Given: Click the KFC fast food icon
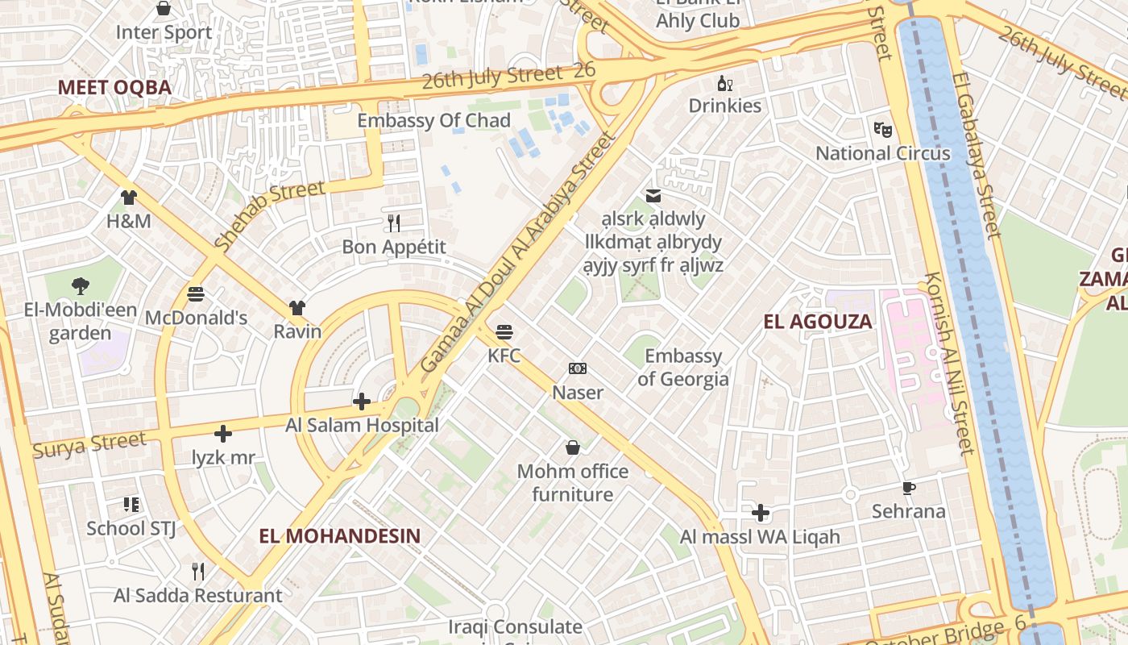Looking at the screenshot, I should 504,331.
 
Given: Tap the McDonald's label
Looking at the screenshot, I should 196,318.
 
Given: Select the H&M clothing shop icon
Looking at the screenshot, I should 129,197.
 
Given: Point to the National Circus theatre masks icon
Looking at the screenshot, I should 883,129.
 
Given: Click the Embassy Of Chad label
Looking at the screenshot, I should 433,121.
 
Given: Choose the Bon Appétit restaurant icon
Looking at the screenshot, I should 394,223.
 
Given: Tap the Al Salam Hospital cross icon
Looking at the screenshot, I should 362,401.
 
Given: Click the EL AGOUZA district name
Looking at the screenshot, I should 817,322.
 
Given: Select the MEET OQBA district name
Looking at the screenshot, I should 114,87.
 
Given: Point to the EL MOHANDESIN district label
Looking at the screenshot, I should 340,535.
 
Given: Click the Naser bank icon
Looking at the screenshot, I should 577,368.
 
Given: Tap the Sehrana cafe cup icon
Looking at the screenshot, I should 908,488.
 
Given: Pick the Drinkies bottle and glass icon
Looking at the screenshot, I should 725,83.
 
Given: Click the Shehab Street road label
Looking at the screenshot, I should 270,214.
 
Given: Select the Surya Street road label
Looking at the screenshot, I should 89,445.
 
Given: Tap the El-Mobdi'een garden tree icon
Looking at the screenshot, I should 80,285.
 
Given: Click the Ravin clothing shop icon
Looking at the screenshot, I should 297,307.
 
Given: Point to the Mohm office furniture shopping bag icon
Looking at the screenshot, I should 572,447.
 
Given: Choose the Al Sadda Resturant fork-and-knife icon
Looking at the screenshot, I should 198,572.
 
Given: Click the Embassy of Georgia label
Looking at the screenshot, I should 683,367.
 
